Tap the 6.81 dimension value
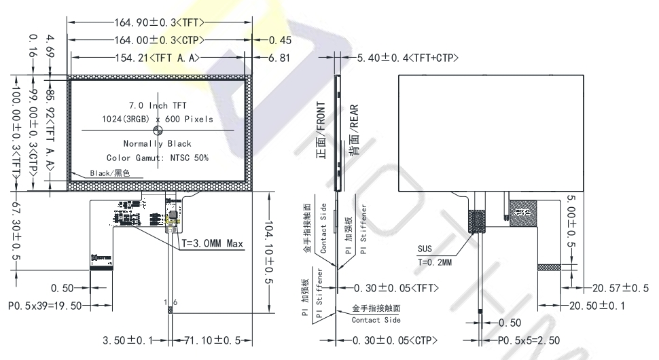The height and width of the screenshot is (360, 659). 279,58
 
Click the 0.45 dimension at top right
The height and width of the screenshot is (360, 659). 279,40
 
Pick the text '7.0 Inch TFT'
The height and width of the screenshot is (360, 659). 158,105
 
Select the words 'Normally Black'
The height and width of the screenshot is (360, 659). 157,144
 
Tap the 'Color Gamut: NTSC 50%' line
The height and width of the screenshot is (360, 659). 157,158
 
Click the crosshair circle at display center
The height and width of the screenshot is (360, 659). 158,130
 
